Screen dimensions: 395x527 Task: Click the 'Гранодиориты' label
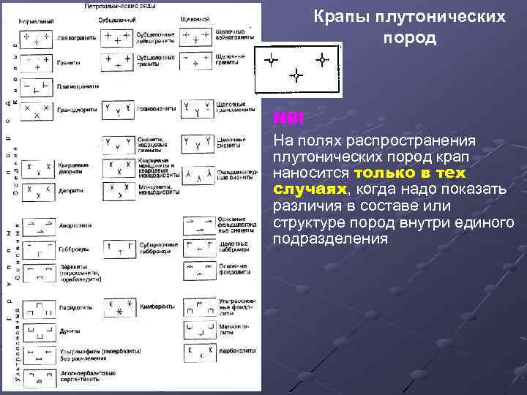point(75,110)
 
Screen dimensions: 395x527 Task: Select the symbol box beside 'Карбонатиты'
point(198,353)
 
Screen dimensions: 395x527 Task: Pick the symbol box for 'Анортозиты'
point(37,225)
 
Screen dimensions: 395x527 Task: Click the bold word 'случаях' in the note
point(300,190)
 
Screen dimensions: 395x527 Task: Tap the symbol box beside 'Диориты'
point(37,190)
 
